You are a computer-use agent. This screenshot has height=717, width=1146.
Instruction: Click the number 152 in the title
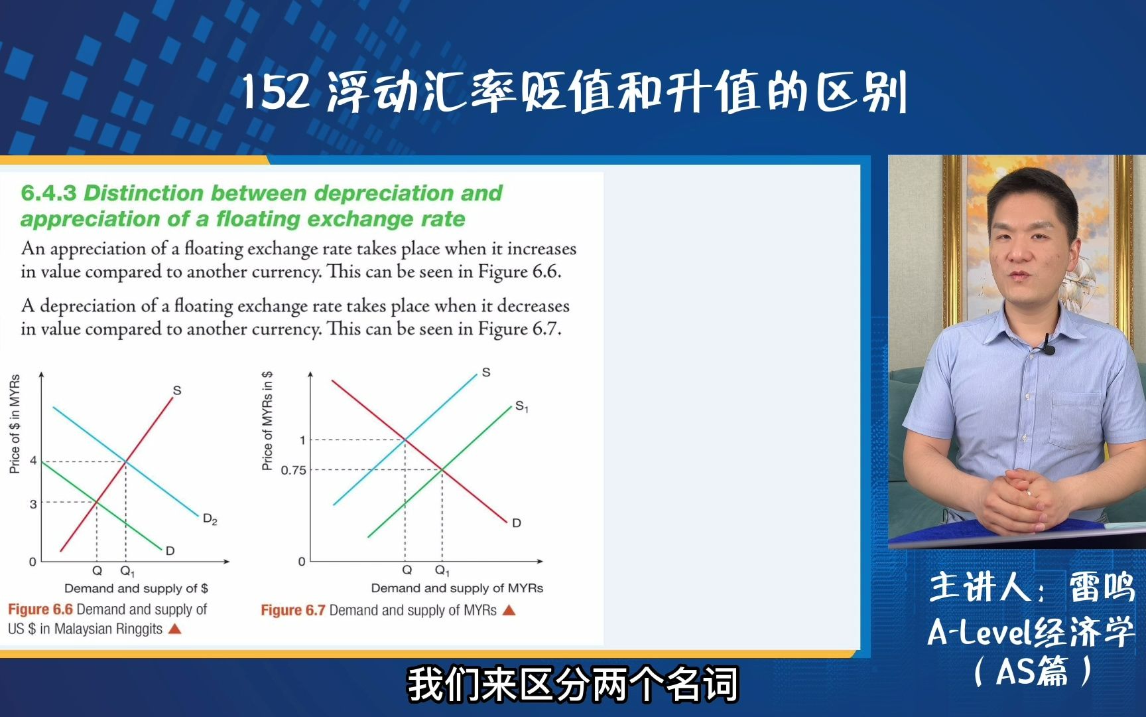point(275,92)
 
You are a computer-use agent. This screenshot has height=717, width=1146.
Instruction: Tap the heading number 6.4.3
point(48,193)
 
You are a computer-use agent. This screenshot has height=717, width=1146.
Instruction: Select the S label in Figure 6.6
point(176,390)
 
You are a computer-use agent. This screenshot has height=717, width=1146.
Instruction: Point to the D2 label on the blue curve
point(210,519)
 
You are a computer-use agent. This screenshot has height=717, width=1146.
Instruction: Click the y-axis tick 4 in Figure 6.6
point(33,461)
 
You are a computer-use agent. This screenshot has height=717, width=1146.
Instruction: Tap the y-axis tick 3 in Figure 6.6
point(33,504)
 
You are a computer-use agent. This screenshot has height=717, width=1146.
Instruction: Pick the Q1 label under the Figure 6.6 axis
point(127,571)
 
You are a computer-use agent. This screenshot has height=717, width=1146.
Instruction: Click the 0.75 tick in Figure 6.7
point(293,470)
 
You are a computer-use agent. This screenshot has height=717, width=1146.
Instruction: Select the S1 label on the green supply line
point(521,406)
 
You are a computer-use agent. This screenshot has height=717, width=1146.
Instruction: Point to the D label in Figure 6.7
point(517,523)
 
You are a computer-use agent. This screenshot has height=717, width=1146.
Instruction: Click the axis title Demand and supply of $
point(136,588)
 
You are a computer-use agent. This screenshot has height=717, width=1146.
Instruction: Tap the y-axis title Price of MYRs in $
point(267,420)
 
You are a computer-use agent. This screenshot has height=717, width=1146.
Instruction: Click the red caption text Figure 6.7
point(292,610)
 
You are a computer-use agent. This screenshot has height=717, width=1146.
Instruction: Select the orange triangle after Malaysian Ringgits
point(175,629)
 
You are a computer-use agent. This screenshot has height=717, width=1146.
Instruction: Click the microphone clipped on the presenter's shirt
point(1049,348)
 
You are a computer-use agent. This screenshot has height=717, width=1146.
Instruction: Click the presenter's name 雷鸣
point(1101,587)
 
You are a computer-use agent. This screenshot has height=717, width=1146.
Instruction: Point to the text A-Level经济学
point(1031,631)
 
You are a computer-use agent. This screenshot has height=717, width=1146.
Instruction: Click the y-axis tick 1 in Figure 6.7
point(302,439)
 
